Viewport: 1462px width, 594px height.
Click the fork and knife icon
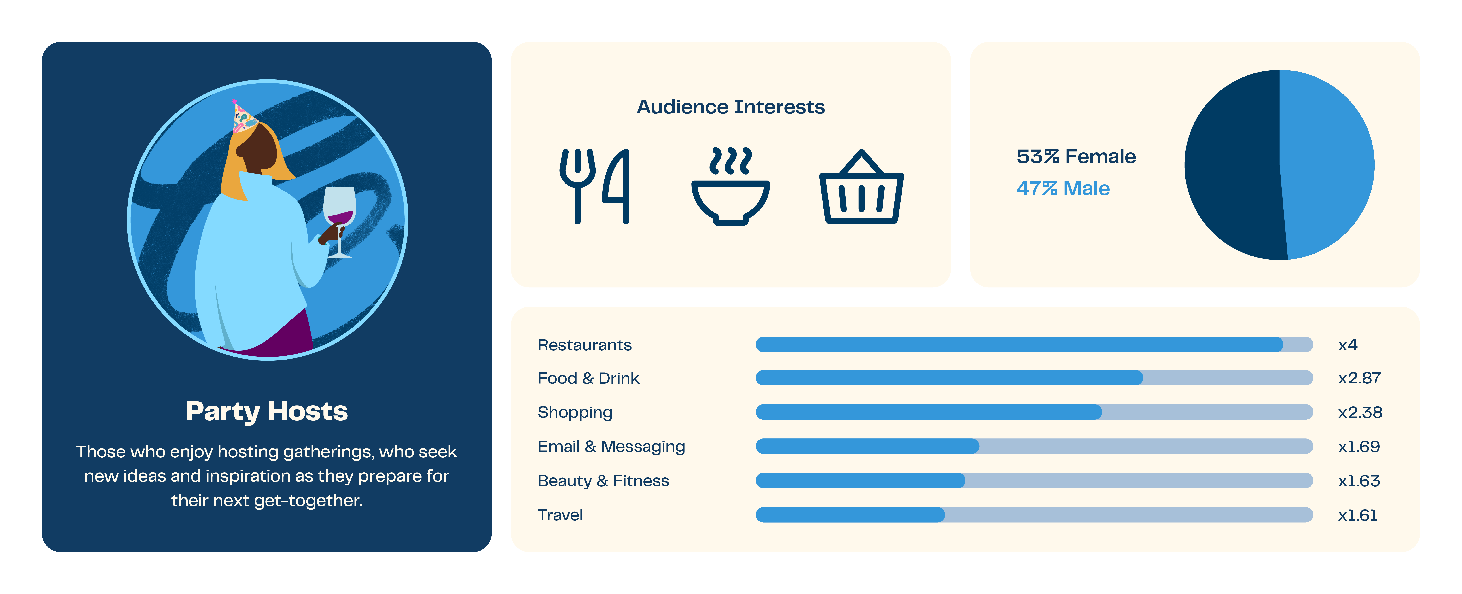pos(594,186)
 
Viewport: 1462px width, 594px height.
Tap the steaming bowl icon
pos(730,187)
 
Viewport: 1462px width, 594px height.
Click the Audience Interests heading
pos(730,107)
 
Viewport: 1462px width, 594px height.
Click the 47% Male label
pos(1063,188)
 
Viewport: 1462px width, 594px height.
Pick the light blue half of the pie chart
pos(1325,165)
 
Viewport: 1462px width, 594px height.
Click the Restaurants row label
pos(585,345)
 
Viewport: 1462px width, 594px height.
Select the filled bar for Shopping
pos(928,412)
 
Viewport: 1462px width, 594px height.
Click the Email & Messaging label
pos(611,446)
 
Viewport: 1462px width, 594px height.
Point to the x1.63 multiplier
pos(1359,481)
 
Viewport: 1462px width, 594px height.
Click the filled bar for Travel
pos(850,515)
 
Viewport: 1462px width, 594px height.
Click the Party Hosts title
pos(267,411)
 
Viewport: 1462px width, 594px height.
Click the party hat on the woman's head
pos(243,116)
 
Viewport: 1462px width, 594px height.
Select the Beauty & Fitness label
pos(603,481)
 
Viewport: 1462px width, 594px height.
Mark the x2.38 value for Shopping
pos(1360,412)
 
